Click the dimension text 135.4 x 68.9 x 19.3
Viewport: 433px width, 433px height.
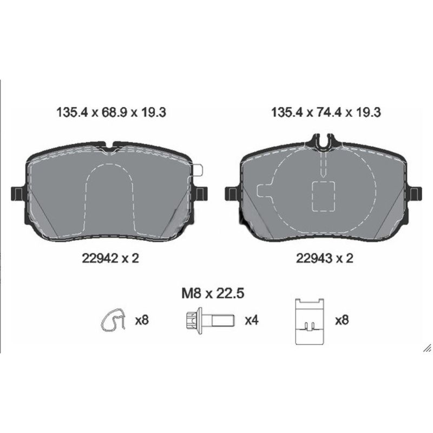[x=111, y=113]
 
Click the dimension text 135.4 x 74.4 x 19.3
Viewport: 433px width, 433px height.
[x=326, y=113]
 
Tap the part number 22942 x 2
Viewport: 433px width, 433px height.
[x=110, y=259]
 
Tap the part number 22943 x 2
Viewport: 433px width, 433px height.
[x=325, y=259]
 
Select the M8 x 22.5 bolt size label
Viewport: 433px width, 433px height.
[x=213, y=293]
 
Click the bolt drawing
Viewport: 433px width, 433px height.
[x=211, y=320]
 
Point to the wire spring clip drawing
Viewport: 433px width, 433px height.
[x=113, y=320]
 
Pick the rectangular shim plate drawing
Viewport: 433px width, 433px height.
[x=310, y=322]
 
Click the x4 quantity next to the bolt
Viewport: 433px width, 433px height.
[x=252, y=320]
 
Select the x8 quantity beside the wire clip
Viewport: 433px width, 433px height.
[x=142, y=320]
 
